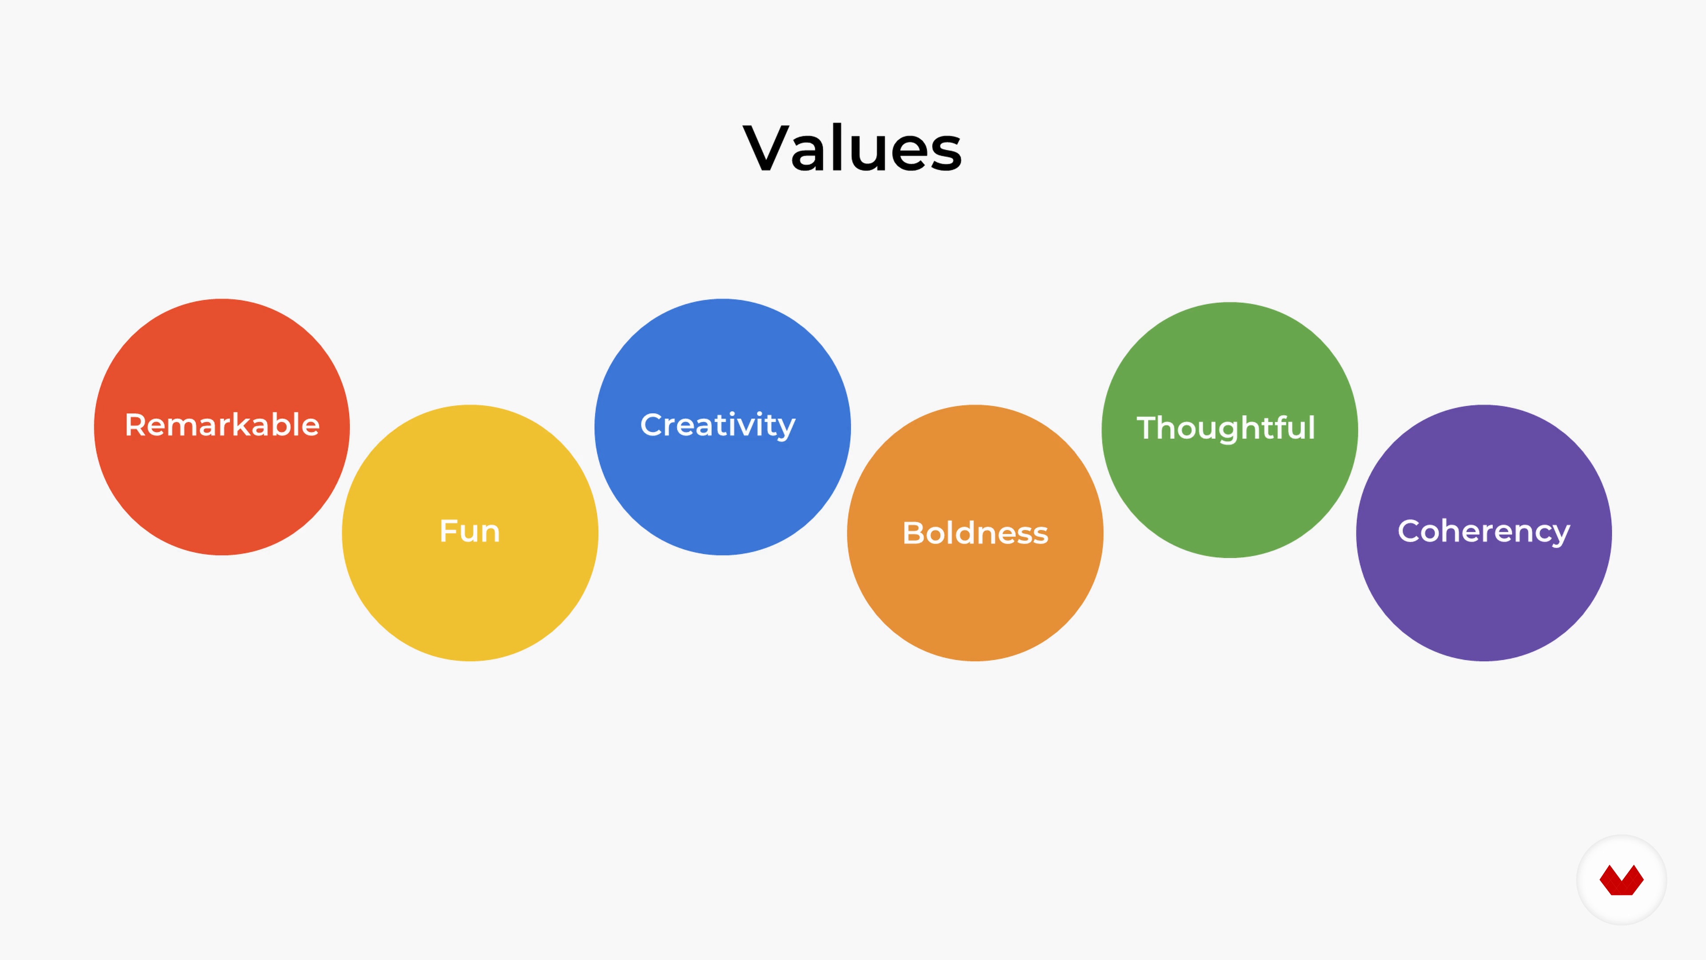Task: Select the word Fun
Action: tap(470, 532)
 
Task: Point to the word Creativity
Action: tap(718, 425)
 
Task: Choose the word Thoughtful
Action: tap(1226, 428)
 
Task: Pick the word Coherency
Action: tap(1483, 532)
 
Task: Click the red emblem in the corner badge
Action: tap(1621, 880)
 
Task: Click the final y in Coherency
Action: tap(1560, 535)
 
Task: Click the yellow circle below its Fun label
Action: tap(470, 603)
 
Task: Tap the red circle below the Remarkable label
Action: tap(222, 497)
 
